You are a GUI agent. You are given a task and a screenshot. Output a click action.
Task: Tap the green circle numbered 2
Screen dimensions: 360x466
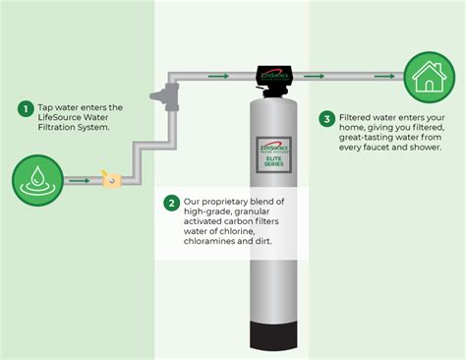pyautogui.click(x=172, y=204)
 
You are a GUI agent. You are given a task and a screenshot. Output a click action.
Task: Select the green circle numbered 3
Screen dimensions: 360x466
pyautogui.click(x=327, y=119)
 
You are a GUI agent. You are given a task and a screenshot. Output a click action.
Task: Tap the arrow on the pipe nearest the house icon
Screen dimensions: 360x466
pyautogui.click(x=384, y=75)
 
